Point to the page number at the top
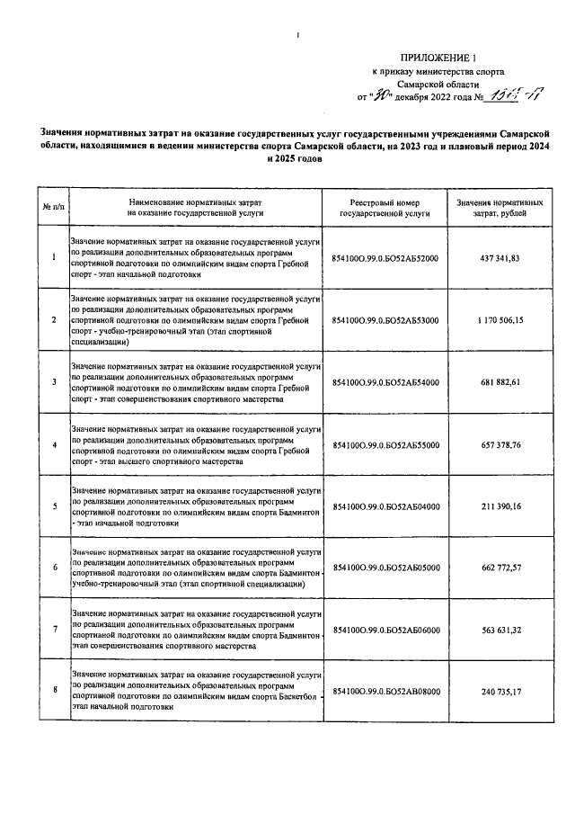(x=297, y=36)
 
